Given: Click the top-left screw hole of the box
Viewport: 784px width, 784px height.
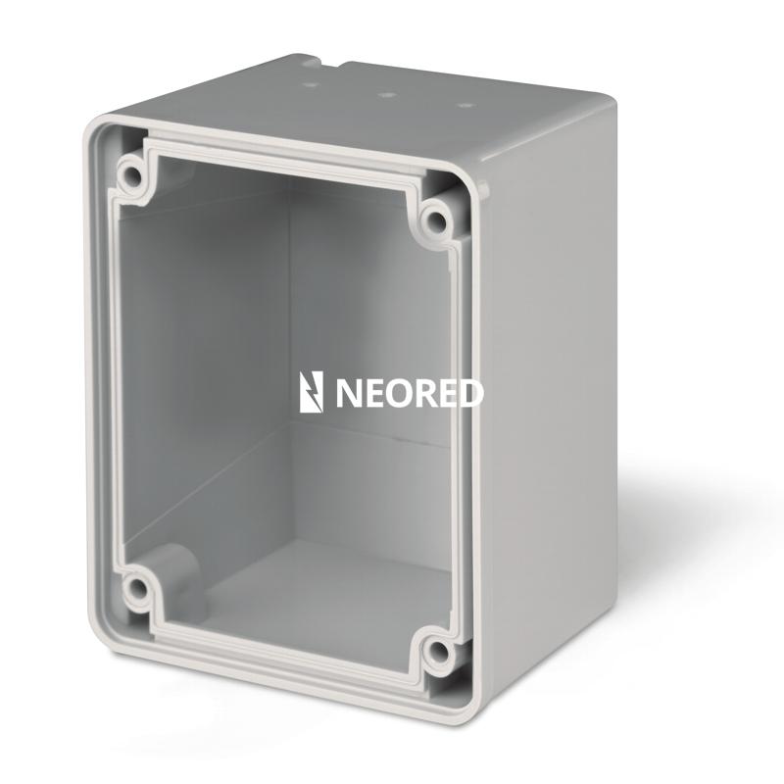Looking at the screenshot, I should click(129, 176).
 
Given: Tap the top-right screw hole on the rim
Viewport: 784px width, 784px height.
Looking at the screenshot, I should click(437, 218).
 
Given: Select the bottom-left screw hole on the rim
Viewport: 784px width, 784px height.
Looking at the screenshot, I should click(134, 590).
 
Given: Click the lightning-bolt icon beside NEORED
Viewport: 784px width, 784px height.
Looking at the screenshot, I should click(311, 392).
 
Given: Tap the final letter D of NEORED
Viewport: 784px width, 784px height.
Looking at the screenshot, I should click(471, 393).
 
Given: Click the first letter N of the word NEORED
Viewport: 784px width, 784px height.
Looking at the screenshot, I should click(349, 393).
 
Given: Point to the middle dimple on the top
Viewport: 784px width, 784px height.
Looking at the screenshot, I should click(386, 95).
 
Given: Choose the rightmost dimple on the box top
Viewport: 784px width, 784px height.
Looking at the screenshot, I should click(464, 104).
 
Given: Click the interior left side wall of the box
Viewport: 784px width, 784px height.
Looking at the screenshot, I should click(196, 372).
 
